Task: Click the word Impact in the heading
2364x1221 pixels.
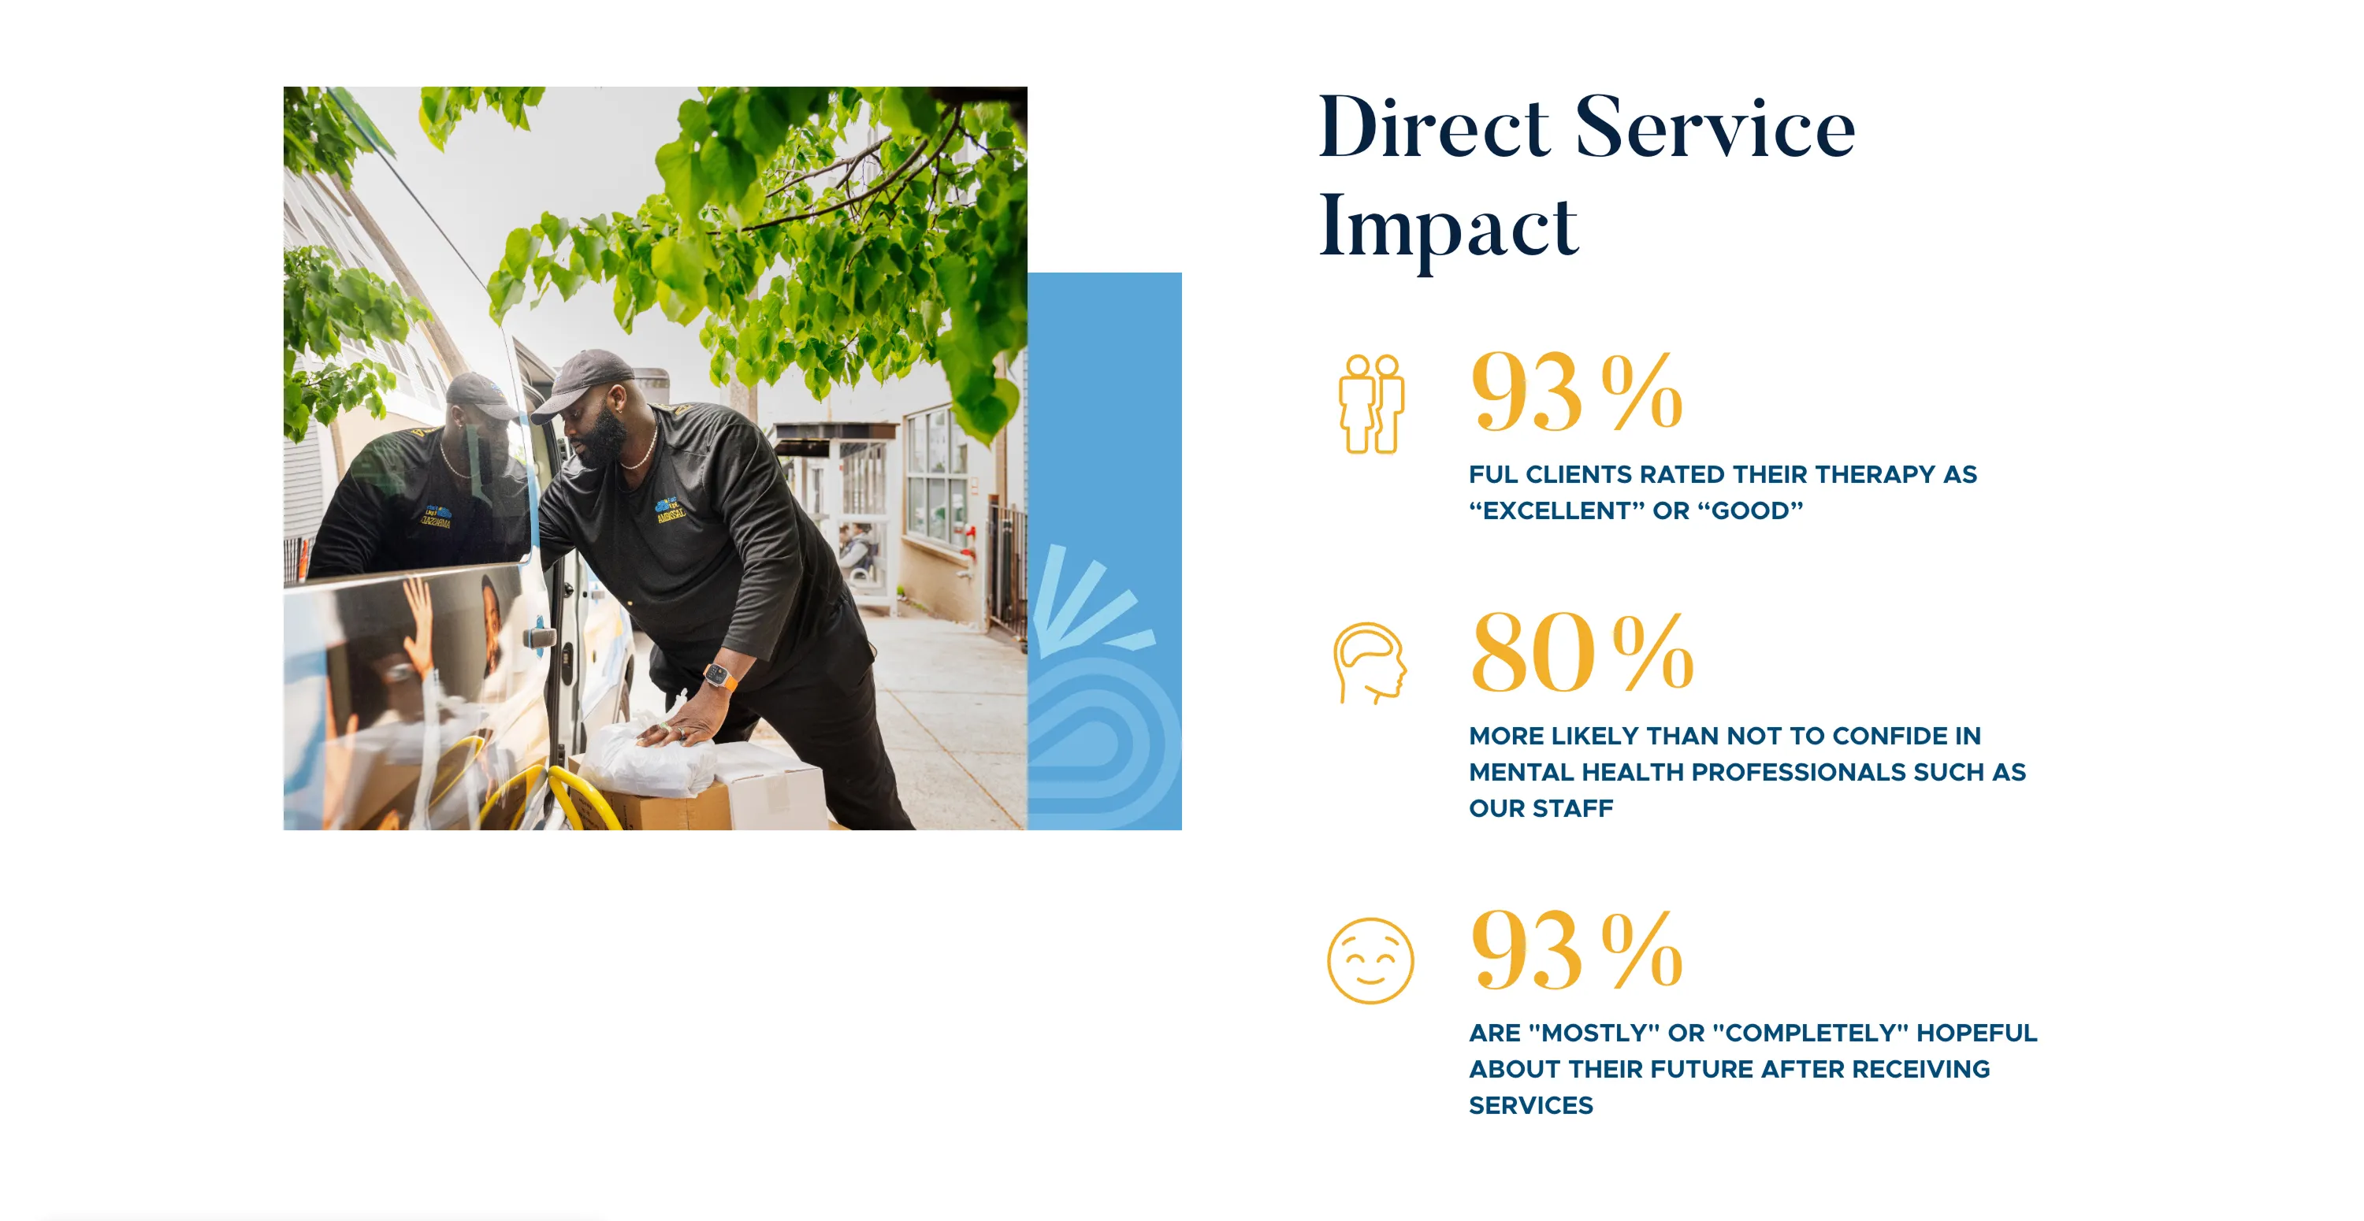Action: coord(1448,228)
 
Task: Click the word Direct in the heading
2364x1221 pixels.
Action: coord(1434,128)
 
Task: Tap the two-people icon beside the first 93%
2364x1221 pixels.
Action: coord(1371,403)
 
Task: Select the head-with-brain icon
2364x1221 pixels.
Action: coord(1370,663)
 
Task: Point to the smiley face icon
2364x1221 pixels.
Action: coord(1370,960)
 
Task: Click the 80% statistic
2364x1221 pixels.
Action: coord(1582,653)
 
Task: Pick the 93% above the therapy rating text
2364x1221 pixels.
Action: coord(1577,392)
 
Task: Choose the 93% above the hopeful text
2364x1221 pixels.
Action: coord(1577,949)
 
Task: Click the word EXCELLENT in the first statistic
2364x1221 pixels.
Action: coord(1556,511)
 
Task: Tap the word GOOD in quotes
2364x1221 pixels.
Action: coord(1751,511)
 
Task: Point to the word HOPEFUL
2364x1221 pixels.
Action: coord(1977,1033)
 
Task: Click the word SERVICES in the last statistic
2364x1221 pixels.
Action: coord(1531,1105)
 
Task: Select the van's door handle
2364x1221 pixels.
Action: coord(540,636)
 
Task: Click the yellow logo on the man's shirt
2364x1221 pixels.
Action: coord(671,510)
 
